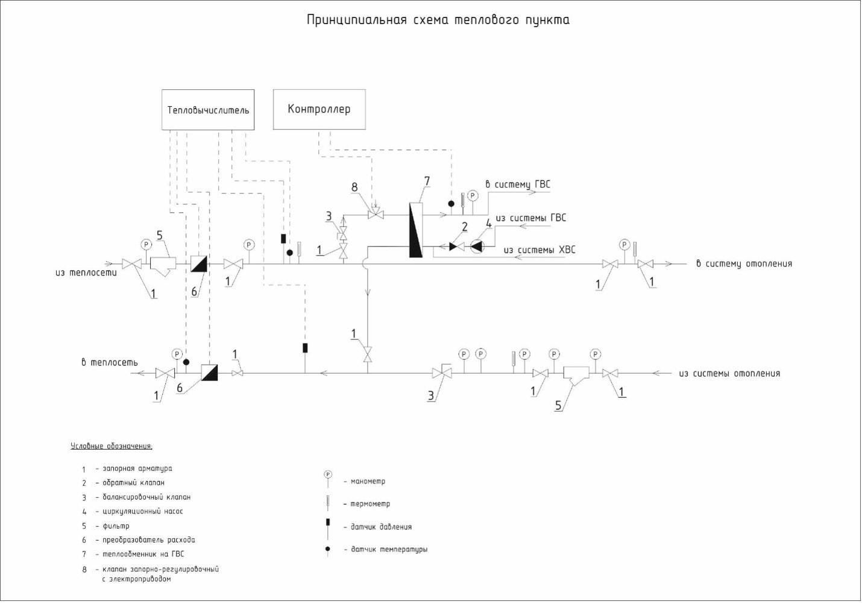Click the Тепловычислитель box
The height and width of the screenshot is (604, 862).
(208, 110)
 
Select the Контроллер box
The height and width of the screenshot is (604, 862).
(319, 109)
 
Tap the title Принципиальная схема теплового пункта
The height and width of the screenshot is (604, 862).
(438, 20)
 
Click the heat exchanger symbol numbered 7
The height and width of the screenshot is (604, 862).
(415, 230)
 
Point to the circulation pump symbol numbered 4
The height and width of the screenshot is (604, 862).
(477, 246)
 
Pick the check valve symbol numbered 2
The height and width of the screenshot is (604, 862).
(456, 246)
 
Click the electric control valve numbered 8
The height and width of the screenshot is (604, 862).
(376, 214)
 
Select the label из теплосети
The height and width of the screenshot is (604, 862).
(86, 272)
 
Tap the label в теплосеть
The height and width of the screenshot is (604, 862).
(110, 362)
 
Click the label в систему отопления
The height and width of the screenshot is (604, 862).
(744, 263)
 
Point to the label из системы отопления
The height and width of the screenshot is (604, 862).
(729, 374)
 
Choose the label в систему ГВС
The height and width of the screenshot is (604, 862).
(518, 184)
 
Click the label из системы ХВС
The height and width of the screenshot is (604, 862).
(540, 250)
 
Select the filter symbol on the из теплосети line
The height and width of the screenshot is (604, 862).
(162, 264)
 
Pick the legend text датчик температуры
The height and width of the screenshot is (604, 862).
(389, 550)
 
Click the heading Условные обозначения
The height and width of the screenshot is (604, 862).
(112, 447)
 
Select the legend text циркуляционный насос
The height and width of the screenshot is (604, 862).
(143, 511)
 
